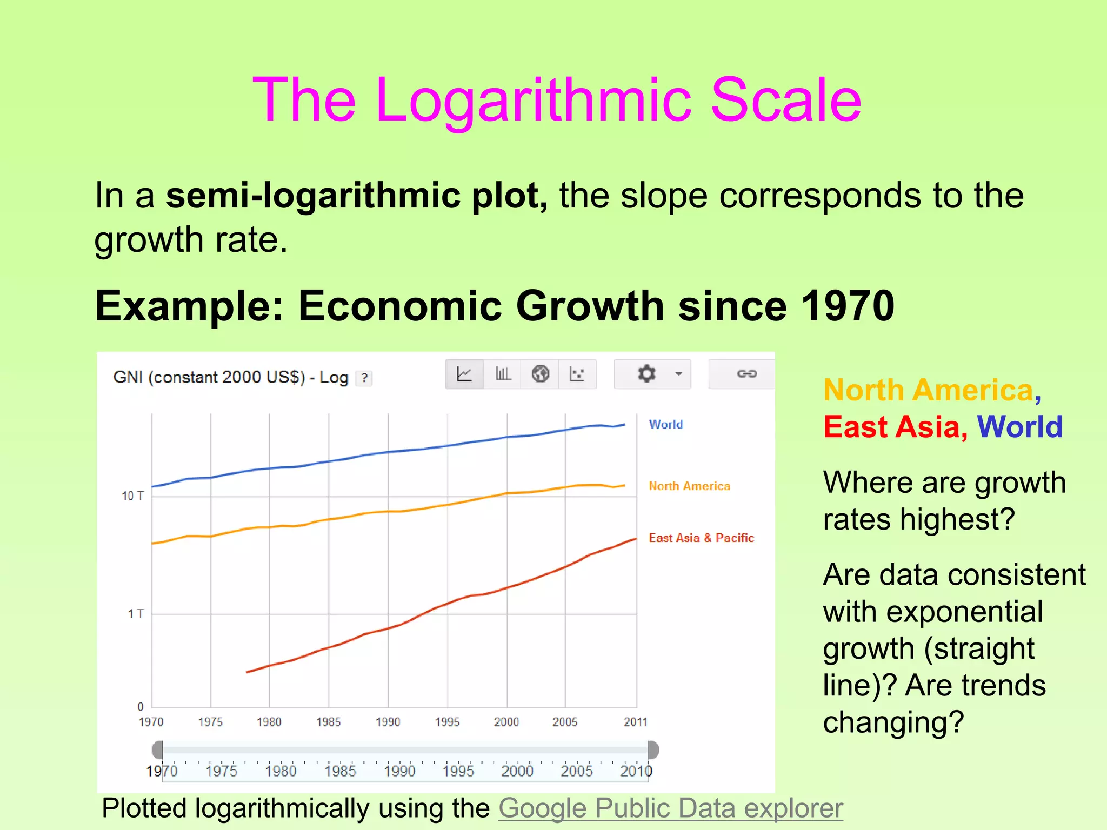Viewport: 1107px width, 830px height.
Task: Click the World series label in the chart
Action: click(x=665, y=425)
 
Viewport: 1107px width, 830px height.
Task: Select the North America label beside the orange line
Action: click(x=689, y=486)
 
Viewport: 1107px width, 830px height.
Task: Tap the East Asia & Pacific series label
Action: click(x=701, y=538)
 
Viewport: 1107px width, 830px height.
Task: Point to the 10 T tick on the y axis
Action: click(x=132, y=496)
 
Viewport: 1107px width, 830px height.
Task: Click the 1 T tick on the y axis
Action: click(x=136, y=614)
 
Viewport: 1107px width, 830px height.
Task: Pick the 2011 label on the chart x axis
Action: click(x=635, y=722)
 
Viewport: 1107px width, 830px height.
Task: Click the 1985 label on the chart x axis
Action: click(x=328, y=722)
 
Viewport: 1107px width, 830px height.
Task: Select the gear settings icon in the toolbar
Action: click(x=646, y=374)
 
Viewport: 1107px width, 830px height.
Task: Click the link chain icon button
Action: click(x=746, y=374)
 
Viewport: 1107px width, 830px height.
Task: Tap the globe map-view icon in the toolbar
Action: click(x=540, y=374)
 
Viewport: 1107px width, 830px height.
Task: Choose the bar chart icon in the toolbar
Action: click(x=503, y=374)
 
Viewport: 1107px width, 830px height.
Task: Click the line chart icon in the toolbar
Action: click(x=464, y=374)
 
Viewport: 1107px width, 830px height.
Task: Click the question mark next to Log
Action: click(x=365, y=378)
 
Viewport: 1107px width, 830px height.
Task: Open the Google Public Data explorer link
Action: click(x=670, y=808)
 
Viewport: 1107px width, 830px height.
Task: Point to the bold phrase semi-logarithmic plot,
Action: click(x=357, y=196)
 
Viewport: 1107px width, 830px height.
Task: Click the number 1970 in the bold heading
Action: click(x=847, y=306)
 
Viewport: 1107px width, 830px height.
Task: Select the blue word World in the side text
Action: click(x=1019, y=427)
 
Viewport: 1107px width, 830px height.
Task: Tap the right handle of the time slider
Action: click(x=653, y=750)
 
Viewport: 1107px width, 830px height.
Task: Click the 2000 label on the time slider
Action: click(x=517, y=771)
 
